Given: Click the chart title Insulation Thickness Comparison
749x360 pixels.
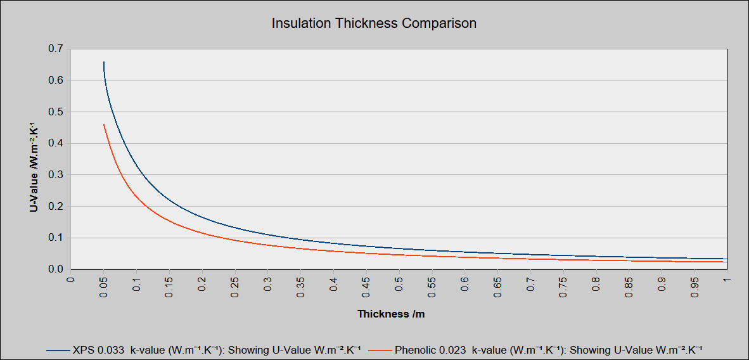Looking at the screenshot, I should click(374, 23).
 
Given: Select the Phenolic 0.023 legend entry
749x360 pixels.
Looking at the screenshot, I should click(549, 349).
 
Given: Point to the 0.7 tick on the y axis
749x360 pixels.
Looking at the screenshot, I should click(56, 49).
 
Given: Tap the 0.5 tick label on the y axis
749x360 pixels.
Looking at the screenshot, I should click(56, 112).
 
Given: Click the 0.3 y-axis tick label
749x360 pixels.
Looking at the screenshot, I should click(56, 175).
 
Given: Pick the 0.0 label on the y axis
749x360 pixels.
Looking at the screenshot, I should click(56, 269).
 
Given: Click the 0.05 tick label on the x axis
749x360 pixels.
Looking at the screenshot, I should click(103, 286).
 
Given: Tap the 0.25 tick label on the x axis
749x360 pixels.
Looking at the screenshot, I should click(234, 286).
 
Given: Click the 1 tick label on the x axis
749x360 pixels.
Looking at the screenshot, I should click(727, 279).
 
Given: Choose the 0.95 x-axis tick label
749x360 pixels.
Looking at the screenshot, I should click(694, 286).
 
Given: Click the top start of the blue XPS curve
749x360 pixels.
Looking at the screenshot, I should click(103, 62).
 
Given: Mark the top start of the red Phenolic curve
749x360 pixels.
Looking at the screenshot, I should click(103, 125).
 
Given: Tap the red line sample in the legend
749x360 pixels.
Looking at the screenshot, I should click(380, 349).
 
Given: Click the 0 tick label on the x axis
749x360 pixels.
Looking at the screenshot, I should click(70, 279).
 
